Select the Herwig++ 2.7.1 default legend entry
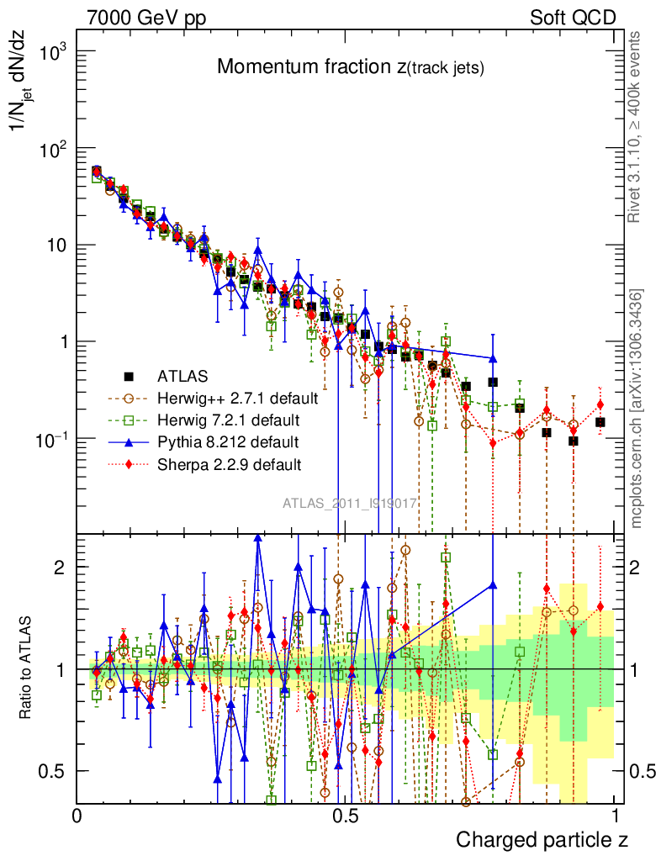pyautogui.click(x=237, y=398)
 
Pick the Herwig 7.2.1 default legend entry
pyautogui.click(x=229, y=420)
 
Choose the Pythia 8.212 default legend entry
pyautogui.click(x=227, y=441)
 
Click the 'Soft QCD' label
pyautogui.click(x=573, y=18)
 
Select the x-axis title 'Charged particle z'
pyautogui.click(x=542, y=840)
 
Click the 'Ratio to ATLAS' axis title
pyautogui.click(x=27, y=668)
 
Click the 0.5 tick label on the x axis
pyautogui.click(x=342, y=816)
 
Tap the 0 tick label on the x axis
pyautogui.click(x=77, y=816)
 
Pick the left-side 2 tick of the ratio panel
pyautogui.click(x=61, y=567)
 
